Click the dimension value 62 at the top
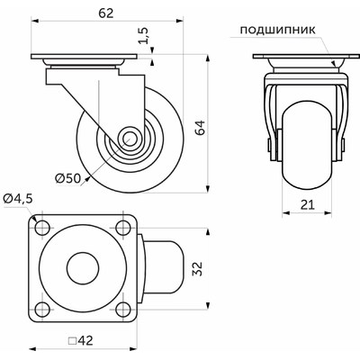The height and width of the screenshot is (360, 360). click(x=87, y=14)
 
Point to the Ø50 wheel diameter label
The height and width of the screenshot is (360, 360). click(x=68, y=178)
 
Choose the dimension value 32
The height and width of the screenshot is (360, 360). click(x=219, y=267)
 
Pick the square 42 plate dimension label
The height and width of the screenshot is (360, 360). click(x=87, y=341)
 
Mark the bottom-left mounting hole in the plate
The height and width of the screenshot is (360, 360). click(x=42, y=310)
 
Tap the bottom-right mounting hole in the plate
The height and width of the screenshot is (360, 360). click(x=121, y=310)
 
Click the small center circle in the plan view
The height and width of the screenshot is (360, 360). click(x=82, y=267)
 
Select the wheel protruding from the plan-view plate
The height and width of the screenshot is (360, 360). click(x=166, y=267)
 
